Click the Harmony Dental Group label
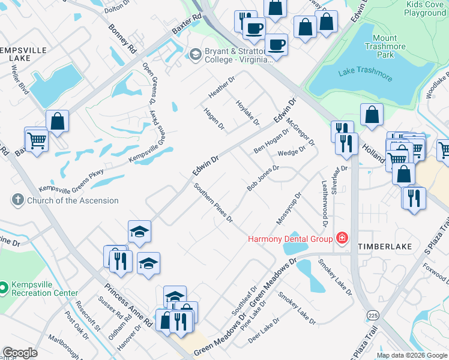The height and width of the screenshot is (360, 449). point(291,239)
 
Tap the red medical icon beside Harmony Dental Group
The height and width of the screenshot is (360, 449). point(342,238)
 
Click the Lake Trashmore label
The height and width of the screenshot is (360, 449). point(363,73)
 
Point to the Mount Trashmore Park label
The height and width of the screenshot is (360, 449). point(388,46)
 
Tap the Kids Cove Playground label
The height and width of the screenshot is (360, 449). point(426,8)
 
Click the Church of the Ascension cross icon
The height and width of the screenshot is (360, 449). point(17,200)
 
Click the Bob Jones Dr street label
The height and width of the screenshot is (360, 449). point(263,178)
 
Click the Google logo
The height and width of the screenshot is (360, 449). point(20,353)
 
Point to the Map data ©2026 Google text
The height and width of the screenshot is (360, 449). point(412,355)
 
